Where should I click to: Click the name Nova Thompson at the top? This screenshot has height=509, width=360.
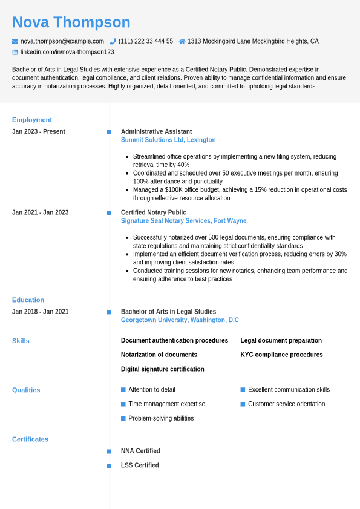click(x=71, y=22)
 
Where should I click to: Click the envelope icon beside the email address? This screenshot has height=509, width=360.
click(x=15, y=41)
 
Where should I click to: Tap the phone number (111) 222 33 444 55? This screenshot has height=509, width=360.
click(x=145, y=41)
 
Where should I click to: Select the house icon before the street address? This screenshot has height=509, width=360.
click(x=182, y=41)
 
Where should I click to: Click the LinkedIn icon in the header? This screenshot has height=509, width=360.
click(x=15, y=53)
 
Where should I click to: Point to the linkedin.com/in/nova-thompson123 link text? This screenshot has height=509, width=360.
click(x=67, y=52)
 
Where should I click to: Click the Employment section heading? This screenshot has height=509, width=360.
click(x=32, y=120)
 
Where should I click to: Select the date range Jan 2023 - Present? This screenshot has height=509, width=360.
click(x=39, y=131)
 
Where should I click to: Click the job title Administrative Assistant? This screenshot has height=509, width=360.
click(x=156, y=131)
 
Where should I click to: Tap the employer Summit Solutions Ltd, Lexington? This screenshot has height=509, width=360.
click(x=168, y=140)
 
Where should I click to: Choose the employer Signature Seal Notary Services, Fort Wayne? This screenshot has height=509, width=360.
click(x=183, y=221)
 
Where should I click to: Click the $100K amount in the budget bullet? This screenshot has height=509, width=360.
click(x=174, y=189)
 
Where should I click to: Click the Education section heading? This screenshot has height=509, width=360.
click(x=28, y=300)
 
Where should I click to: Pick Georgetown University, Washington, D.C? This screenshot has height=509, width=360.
click(x=180, y=320)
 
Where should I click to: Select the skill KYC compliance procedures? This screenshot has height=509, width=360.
click(x=281, y=355)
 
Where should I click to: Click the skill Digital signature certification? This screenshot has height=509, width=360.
click(x=162, y=369)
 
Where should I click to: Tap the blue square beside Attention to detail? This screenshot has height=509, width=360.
click(x=123, y=390)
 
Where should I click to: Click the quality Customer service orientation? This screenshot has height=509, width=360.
click(x=286, y=404)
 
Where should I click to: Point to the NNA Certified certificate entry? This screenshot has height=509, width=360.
click(x=140, y=451)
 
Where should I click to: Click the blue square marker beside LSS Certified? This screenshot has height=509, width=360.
click(x=109, y=465)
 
